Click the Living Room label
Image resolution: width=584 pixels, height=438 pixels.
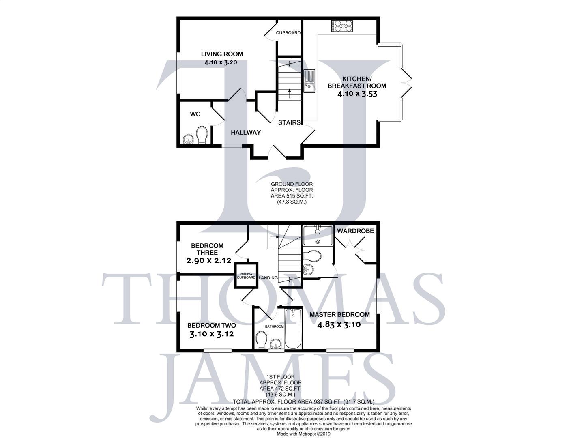click(222, 54)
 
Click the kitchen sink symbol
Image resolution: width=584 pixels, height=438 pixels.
click(309, 81)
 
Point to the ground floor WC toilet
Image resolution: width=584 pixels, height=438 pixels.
click(202, 134)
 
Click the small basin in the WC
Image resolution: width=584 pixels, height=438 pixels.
click(188, 140)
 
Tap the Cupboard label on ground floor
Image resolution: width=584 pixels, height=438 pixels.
click(288, 33)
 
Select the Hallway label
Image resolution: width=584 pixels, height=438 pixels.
click(245, 133)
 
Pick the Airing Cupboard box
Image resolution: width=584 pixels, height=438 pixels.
click(246, 276)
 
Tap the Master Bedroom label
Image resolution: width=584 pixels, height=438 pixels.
click(339, 314)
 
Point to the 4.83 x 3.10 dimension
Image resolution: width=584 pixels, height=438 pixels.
click(339, 324)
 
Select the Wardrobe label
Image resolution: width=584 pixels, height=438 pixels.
click(355, 231)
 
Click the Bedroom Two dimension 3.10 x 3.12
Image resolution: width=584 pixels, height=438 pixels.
click(211, 334)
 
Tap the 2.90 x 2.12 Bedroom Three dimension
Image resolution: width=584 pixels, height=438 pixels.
click(208, 261)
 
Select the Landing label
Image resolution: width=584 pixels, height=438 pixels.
click(268, 278)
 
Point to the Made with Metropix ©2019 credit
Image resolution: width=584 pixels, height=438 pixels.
click(303, 434)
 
